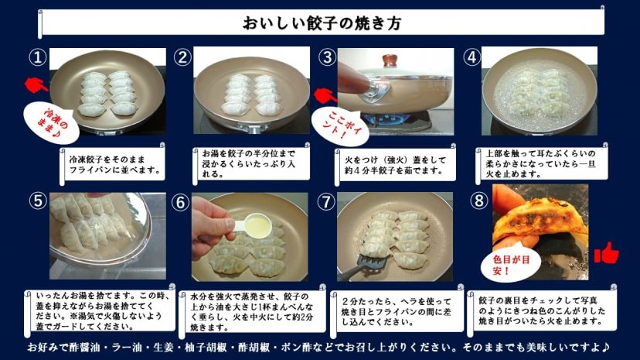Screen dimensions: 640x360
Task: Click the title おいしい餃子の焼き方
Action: pyautogui.click(x=322, y=23)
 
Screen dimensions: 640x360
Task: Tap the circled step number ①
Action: pyautogui.click(x=38, y=57)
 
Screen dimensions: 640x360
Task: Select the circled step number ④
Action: pyautogui.click(x=471, y=57)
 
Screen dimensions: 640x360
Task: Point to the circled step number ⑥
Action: pyautogui.click(x=180, y=202)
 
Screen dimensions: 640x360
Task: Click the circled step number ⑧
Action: pyautogui.click(x=478, y=201)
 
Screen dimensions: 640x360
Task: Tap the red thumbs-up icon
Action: pyautogui.click(x=606, y=252)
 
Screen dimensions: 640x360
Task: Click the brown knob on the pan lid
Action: pyautogui.click(x=390, y=61)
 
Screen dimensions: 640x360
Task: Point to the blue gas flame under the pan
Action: pyautogui.click(x=386, y=119)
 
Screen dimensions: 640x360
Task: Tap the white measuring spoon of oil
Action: pyautogui.click(x=250, y=224)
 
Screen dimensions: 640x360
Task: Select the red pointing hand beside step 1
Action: pyautogui.click(x=36, y=84)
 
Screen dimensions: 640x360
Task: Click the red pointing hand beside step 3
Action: pyautogui.click(x=325, y=95)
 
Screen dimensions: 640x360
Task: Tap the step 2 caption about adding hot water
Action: pyautogui.click(x=249, y=163)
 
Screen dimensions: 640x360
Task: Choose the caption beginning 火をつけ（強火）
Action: pyautogui.click(x=395, y=165)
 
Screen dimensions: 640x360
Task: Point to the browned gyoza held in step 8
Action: pyautogui.click(x=540, y=219)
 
